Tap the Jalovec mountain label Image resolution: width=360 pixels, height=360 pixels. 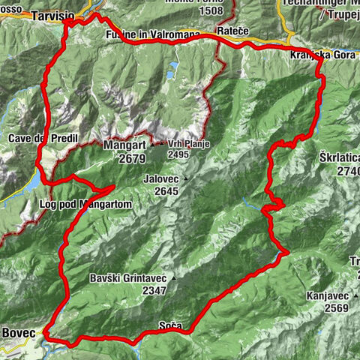(163, 180)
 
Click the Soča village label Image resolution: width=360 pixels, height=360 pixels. (169, 325)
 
